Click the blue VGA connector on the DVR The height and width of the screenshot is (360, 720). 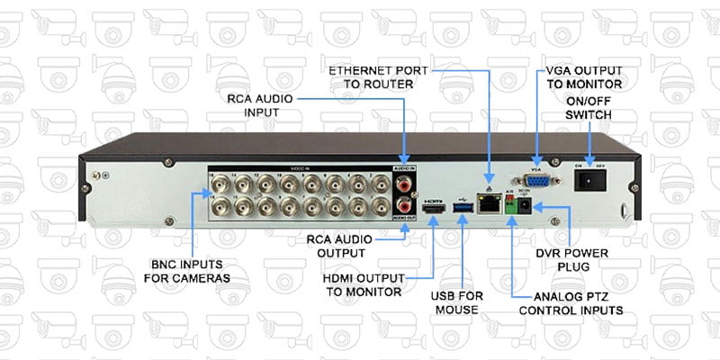(538, 183)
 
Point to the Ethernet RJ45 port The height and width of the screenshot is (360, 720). (490, 206)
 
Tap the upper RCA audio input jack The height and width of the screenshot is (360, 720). (405, 186)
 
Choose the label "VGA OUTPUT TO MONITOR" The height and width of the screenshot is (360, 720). (584, 76)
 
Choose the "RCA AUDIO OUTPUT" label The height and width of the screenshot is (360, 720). (335, 247)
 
